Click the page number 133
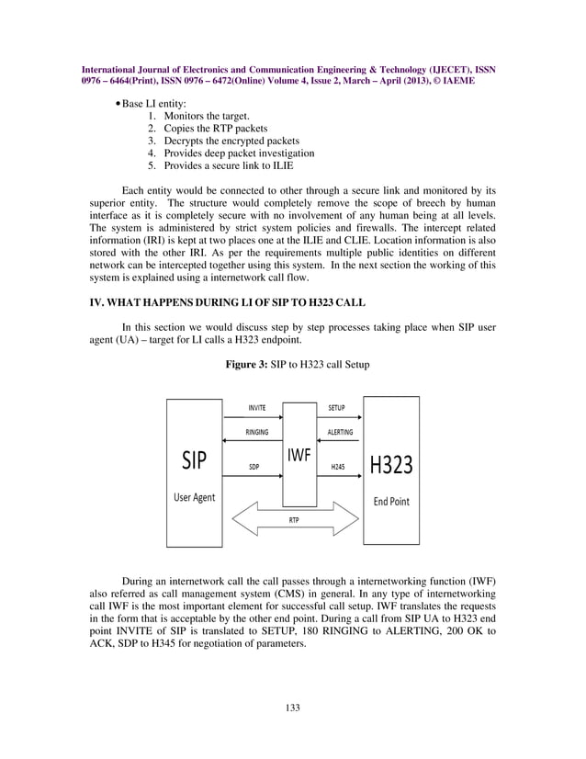(293, 707)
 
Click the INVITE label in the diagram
(257, 406)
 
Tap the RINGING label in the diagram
(257, 432)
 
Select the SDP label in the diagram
(254, 467)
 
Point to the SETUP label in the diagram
(336, 406)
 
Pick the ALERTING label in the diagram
(340, 432)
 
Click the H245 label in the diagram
(337, 467)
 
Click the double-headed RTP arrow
(293, 519)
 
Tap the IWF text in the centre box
(299, 455)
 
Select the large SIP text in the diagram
(194, 459)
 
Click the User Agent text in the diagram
(195, 497)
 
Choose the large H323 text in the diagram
(390, 465)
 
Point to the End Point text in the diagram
(391, 502)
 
